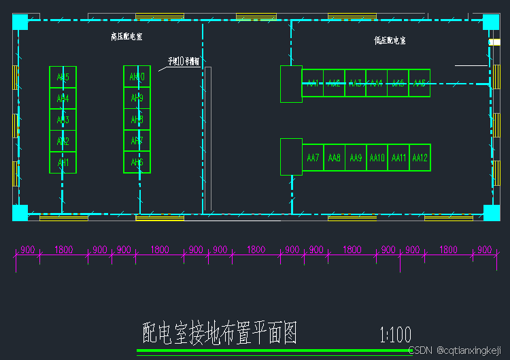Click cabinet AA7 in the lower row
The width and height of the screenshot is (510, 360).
(x=313, y=158)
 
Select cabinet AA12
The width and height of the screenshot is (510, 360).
(x=420, y=158)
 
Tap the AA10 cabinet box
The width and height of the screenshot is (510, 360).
(x=377, y=158)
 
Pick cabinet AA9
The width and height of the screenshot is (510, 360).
(x=356, y=158)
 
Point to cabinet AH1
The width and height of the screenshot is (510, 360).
(x=63, y=163)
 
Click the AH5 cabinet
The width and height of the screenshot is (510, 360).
(x=63, y=77)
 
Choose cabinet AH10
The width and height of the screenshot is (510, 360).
(x=137, y=77)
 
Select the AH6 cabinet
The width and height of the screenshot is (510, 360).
(x=137, y=163)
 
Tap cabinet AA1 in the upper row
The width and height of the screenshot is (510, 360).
(x=313, y=83)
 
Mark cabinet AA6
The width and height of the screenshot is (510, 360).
(x=420, y=83)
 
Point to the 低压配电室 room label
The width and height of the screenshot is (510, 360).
(x=390, y=41)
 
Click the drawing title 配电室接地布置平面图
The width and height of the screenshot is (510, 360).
(x=220, y=333)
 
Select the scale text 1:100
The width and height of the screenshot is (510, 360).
(x=396, y=335)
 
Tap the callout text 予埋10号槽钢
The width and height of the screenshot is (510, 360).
(x=184, y=61)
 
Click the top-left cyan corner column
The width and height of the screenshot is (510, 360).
(x=20, y=22)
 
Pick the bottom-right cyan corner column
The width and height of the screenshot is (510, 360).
(x=491, y=212)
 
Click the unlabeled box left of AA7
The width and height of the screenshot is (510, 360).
(x=291, y=157)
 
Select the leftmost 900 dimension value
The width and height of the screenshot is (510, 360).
(x=27, y=250)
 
